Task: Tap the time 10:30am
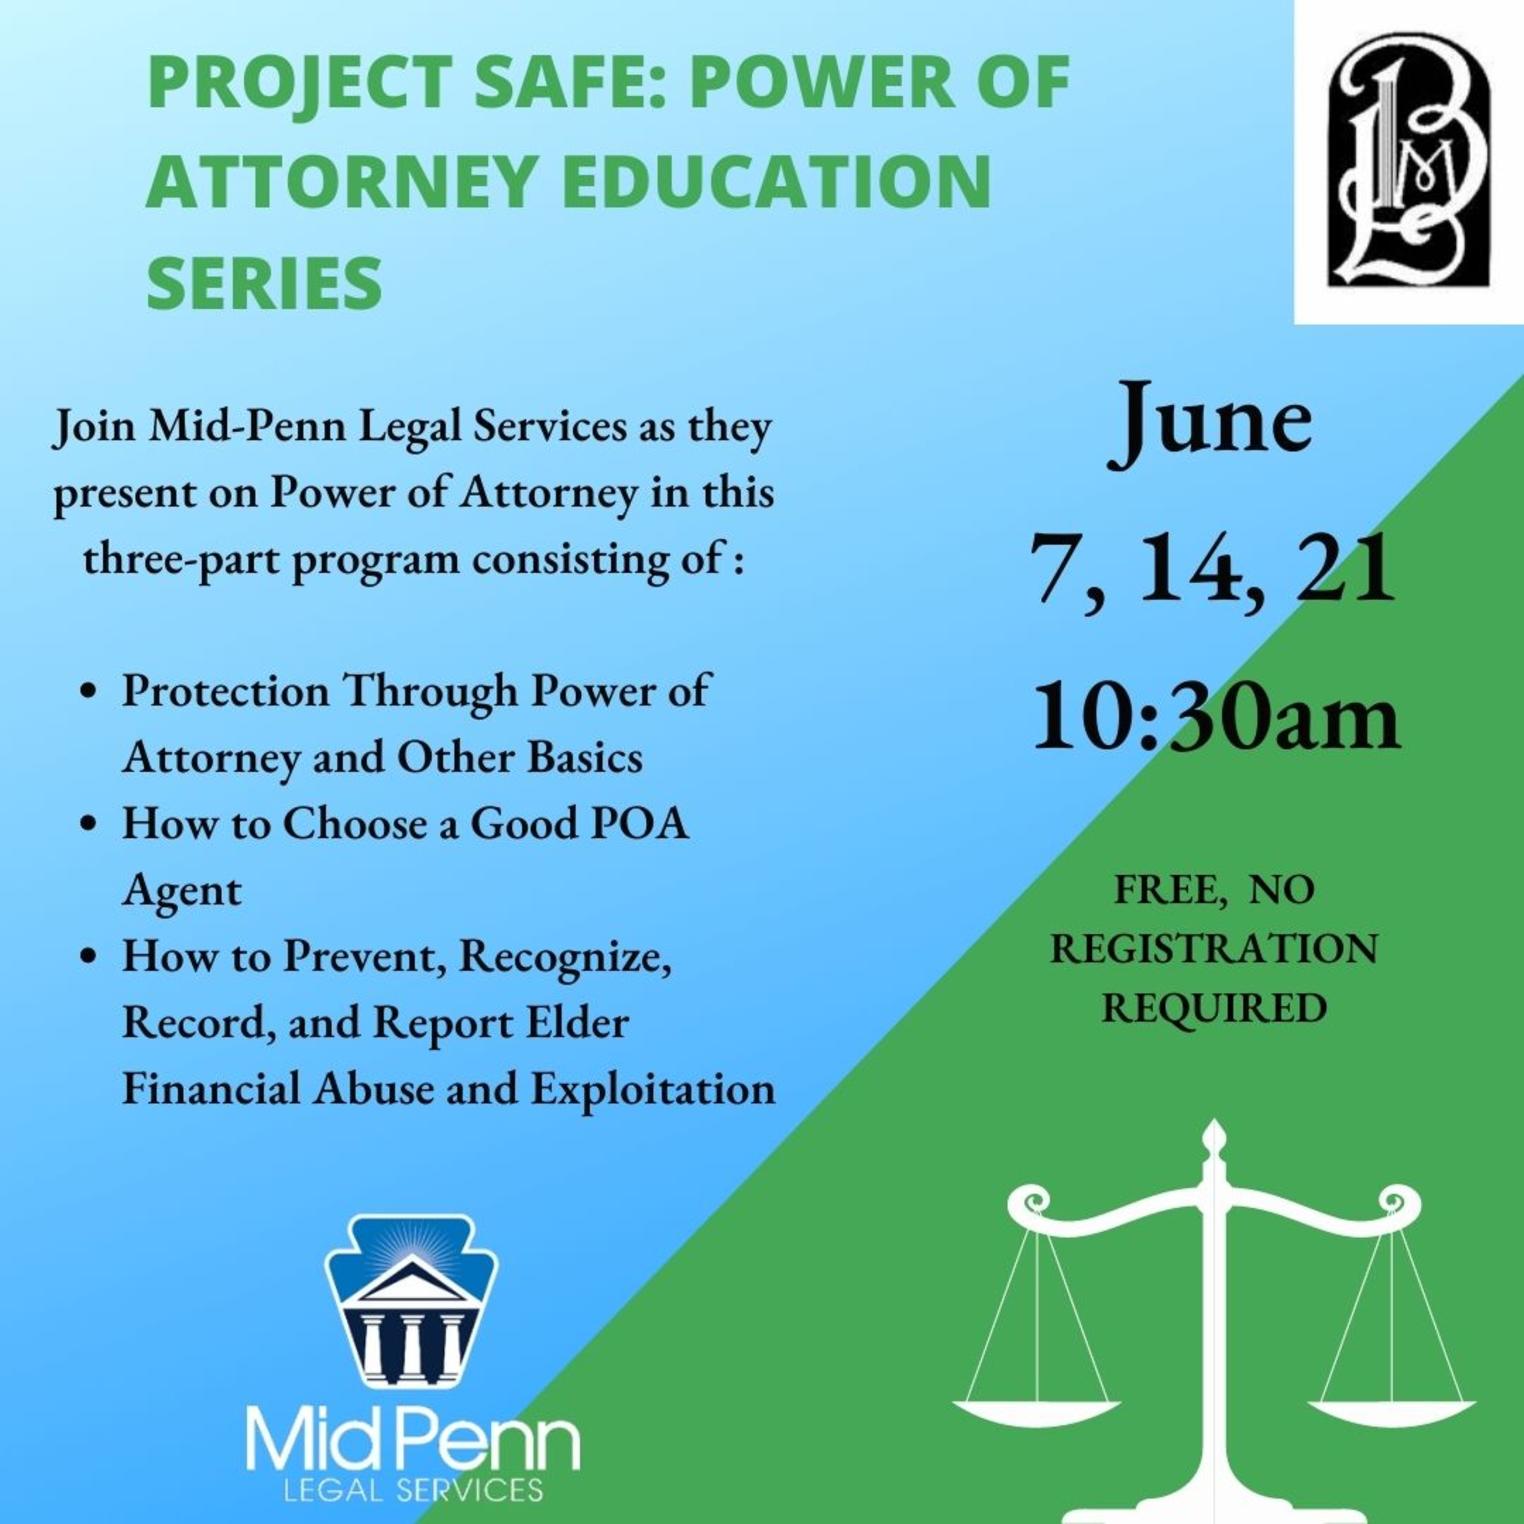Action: (1215, 717)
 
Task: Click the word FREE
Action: (1169, 889)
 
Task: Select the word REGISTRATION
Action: (1214, 948)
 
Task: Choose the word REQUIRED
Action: (1214, 1007)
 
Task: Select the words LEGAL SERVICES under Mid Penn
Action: (413, 1489)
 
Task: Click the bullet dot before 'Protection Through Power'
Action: (90, 691)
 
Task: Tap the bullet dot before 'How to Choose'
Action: (90, 824)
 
